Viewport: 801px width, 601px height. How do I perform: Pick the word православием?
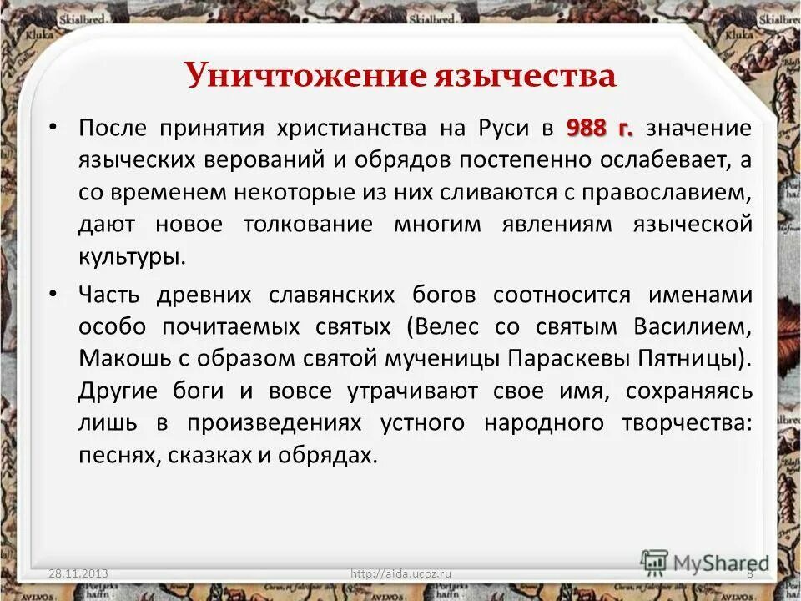665,191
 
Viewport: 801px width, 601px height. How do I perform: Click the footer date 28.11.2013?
78,573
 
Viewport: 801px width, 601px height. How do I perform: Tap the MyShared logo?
705,561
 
